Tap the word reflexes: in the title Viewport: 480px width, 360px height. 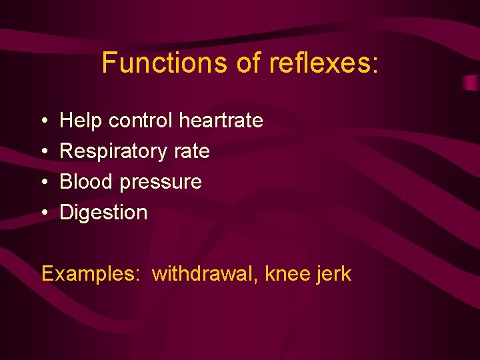323,63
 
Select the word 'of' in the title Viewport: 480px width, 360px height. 249,63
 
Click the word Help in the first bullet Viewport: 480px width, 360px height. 81,121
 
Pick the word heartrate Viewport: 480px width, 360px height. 221,121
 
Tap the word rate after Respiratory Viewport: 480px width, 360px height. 192,151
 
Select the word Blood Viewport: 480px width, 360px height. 83,182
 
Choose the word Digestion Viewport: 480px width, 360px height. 103,213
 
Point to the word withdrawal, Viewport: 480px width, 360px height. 205,274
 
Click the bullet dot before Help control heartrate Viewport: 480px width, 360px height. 43,121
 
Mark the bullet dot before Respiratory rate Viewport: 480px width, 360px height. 43,152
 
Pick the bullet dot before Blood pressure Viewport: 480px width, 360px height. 43,183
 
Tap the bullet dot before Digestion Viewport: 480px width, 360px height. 43,213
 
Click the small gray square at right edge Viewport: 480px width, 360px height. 471,83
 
